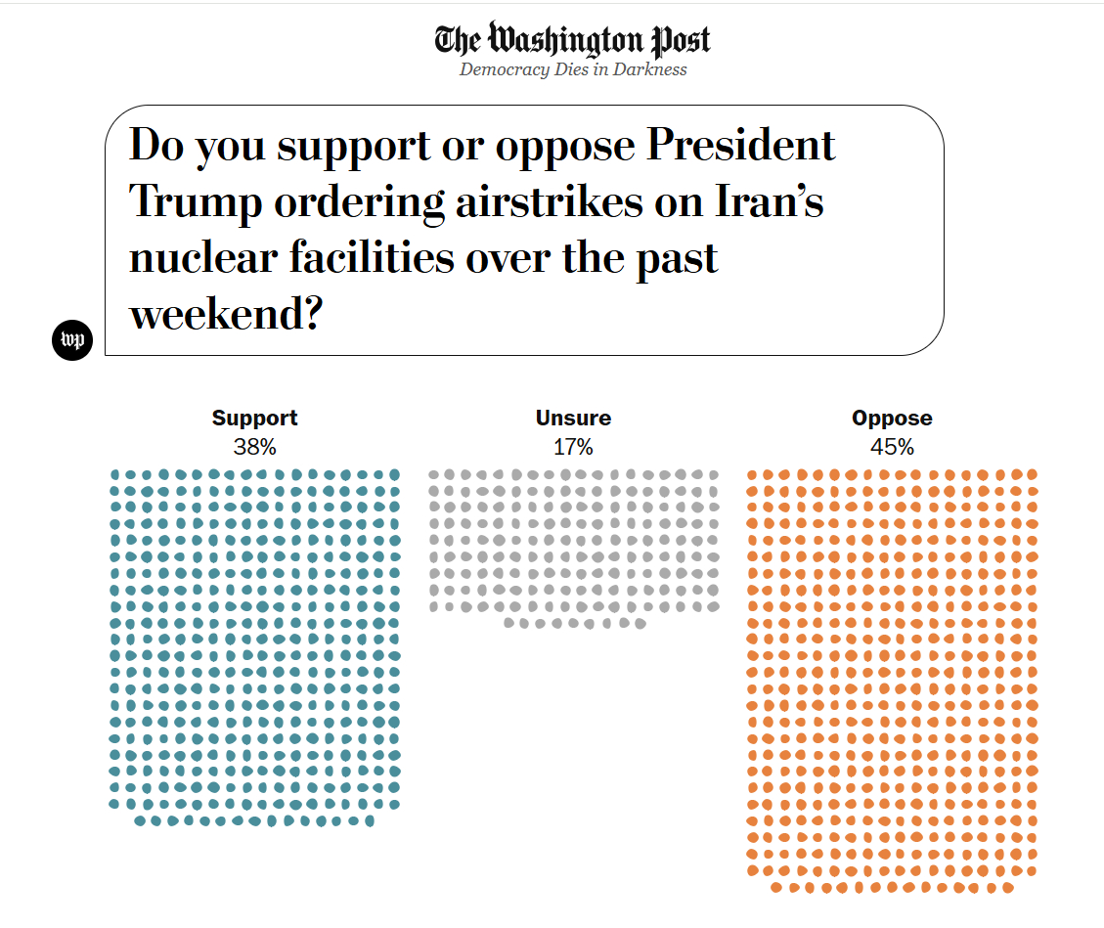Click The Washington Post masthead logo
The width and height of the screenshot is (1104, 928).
click(x=572, y=40)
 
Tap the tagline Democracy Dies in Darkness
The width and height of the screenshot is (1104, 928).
click(x=573, y=69)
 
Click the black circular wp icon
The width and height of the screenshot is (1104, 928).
click(x=71, y=339)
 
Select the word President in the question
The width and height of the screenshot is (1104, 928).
click(x=742, y=146)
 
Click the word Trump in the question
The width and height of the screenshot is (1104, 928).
click(x=196, y=202)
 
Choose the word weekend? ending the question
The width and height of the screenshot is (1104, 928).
click(x=226, y=315)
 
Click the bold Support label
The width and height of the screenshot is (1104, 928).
click(x=254, y=419)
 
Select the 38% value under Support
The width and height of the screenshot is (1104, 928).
click(x=254, y=448)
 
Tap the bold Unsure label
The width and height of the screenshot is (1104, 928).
click(x=573, y=419)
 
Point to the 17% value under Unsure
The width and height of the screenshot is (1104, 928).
click(x=573, y=448)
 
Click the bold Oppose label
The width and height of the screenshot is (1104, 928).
click(x=892, y=419)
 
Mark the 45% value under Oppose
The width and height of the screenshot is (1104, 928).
click(x=892, y=448)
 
